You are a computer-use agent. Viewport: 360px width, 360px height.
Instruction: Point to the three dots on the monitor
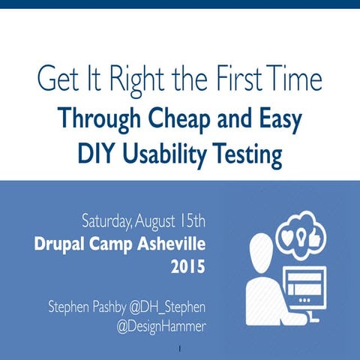(x=305, y=300)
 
